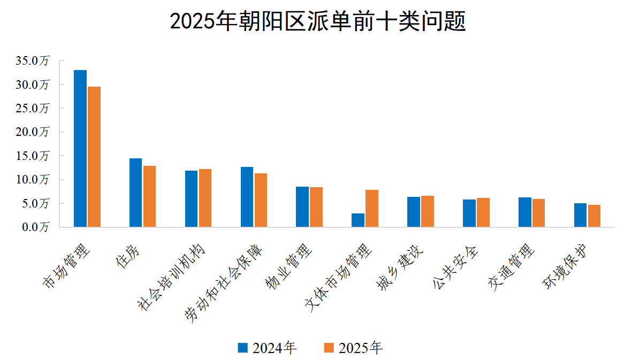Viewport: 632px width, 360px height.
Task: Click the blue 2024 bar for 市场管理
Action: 80,148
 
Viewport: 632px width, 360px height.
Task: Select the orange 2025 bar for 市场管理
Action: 94,157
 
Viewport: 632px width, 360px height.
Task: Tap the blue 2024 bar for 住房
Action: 135,193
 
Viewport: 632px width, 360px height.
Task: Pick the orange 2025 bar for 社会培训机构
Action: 205,198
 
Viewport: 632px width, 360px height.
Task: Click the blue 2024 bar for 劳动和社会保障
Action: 247,197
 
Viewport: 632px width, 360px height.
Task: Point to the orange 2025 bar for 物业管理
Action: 316,207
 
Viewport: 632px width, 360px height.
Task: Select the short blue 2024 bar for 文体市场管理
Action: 358,220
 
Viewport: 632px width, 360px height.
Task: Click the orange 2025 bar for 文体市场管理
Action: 372,208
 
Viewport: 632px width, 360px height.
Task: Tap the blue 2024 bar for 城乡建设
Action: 414,212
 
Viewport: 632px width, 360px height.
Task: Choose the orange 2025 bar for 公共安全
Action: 483,212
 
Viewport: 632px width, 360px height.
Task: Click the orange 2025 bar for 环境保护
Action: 594,216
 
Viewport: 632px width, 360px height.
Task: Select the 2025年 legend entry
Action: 354,348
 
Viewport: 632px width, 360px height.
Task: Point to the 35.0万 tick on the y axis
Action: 32,61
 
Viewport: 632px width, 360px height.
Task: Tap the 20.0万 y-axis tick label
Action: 32,132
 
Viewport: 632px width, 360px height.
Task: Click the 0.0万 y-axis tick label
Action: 34,227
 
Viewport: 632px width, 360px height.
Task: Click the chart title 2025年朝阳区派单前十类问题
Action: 317,22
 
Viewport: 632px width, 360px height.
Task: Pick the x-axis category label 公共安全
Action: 455,267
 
